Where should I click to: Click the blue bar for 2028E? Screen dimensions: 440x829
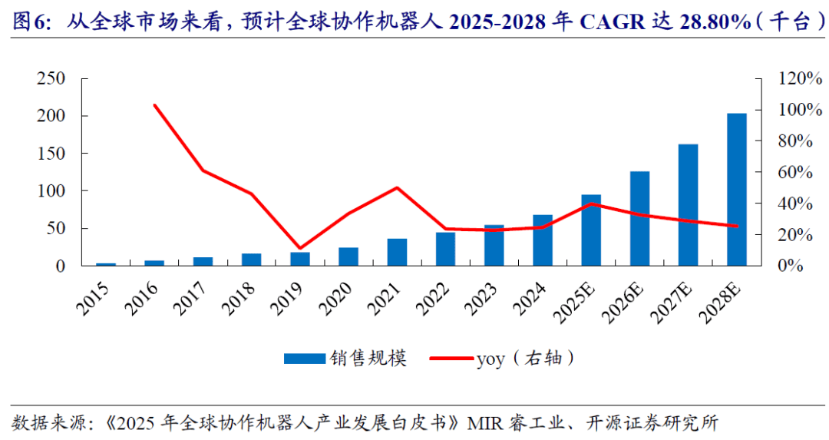click(x=736, y=190)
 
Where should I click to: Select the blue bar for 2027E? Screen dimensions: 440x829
click(x=688, y=205)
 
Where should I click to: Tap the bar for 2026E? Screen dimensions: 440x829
click(x=639, y=219)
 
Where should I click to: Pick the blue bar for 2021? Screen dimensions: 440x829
click(x=397, y=253)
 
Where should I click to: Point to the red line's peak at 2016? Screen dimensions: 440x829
click(x=155, y=105)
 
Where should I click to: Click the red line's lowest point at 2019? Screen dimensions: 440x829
click(x=300, y=248)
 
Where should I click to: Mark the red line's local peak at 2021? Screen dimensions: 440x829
click(x=397, y=187)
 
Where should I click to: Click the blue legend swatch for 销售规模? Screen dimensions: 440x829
click(x=306, y=359)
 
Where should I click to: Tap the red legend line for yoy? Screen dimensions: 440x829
click(x=451, y=359)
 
